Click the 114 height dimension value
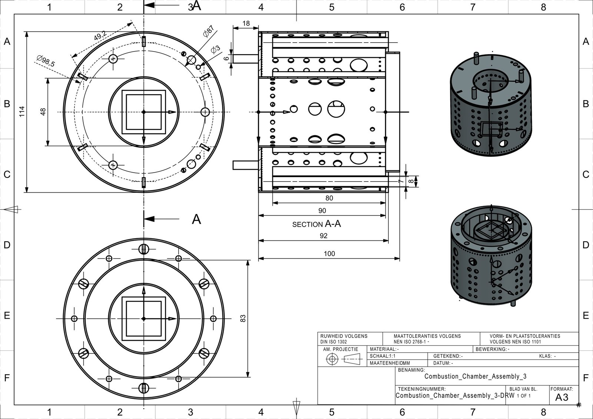click(22, 112)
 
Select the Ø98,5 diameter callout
click(46, 61)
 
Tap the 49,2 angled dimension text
click(100, 36)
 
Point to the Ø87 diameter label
click(209, 32)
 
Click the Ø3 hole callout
click(215, 49)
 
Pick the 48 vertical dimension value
click(43, 112)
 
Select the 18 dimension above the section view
click(246, 24)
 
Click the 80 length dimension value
click(329, 198)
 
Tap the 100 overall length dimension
click(329, 254)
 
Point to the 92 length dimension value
click(324, 236)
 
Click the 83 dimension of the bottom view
click(243, 319)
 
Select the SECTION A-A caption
click(317, 224)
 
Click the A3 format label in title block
click(562, 398)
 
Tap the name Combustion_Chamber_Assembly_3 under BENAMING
click(475, 376)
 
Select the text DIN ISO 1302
click(334, 342)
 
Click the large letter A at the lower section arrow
click(196, 219)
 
